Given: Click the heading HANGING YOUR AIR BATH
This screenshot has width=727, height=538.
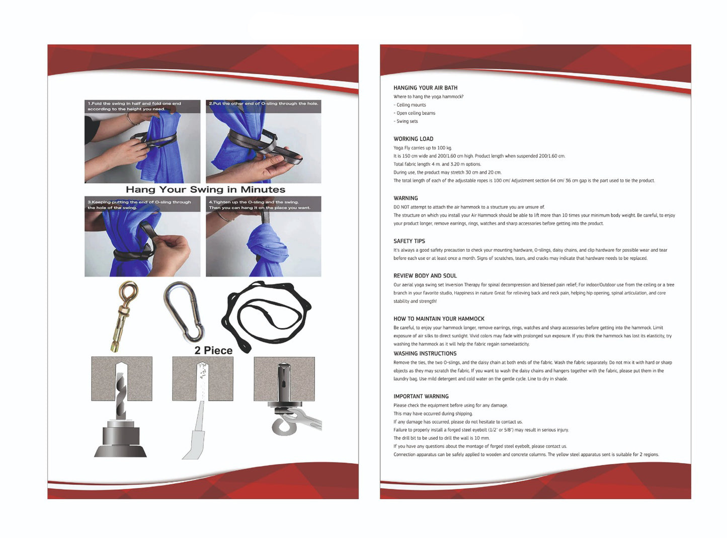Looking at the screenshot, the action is tap(425, 88).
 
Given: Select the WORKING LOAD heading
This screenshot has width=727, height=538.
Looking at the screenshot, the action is tap(414, 139).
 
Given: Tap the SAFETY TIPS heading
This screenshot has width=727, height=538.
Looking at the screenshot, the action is tap(409, 241).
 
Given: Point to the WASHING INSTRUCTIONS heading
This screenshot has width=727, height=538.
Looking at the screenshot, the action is tap(425, 354).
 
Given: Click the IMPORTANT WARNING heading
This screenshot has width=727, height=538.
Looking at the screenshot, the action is tap(421, 396).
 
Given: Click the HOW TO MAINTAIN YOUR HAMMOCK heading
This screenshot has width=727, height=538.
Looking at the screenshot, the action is tap(439, 319).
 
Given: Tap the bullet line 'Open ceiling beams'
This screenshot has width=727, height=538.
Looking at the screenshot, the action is tap(414, 113).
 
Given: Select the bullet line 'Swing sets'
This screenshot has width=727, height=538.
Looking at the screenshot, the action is tap(406, 121).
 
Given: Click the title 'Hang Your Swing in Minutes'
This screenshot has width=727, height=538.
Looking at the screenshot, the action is tap(205, 189).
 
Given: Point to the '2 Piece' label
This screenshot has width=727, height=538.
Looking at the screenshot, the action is tap(213, 350).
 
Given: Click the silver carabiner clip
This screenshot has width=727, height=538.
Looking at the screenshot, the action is tap(185, 311).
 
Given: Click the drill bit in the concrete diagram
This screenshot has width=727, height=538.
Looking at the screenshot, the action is tap(121, 397).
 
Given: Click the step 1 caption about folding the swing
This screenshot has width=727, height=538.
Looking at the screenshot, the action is tap(134, 106).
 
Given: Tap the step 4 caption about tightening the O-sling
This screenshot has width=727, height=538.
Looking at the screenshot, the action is tap(259, 205).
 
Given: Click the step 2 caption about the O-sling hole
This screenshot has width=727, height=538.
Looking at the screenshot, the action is tap(264, 103).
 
